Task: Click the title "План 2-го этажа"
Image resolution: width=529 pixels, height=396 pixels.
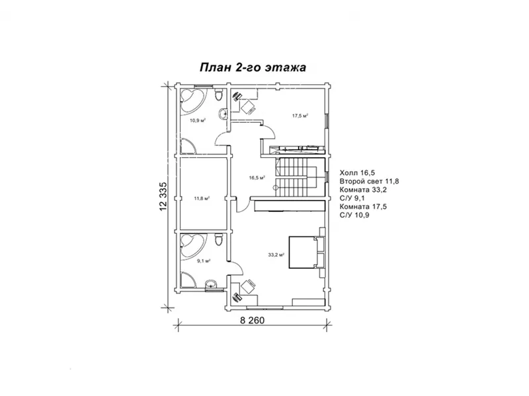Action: coord(253,67)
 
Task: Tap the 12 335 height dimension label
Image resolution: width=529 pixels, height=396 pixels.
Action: coord(163,197)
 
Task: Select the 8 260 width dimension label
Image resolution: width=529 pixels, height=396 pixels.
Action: coord(253,320)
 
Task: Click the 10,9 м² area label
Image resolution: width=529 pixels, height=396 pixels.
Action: coord(198,120)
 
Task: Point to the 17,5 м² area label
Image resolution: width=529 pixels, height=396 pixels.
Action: coord(300,116)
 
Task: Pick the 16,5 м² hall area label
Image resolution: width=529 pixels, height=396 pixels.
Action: coord(257,178)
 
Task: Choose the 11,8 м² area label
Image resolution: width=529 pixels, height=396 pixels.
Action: coord(202,199)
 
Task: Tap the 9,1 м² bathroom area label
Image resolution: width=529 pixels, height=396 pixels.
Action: coord(204,261)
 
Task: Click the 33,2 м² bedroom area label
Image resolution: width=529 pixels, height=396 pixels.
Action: coord(276,255)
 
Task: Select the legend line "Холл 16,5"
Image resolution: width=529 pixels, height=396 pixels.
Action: coord(357,173)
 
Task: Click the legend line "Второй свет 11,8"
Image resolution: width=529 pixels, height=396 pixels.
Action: coord(369,181)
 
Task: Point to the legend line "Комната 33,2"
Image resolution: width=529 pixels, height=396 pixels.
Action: coord(363,190)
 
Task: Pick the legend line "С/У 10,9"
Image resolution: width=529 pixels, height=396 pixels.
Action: coord(354,215)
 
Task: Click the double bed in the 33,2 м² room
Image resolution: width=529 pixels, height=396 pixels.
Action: coord(306,253)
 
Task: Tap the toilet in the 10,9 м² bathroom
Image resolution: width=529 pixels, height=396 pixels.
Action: coord(219,94)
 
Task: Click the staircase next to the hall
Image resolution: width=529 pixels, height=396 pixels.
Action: coord(296,177)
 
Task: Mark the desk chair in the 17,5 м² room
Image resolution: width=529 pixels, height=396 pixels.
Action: coord(248,108)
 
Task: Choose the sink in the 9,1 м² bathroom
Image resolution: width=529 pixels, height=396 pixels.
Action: coord(212,284)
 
